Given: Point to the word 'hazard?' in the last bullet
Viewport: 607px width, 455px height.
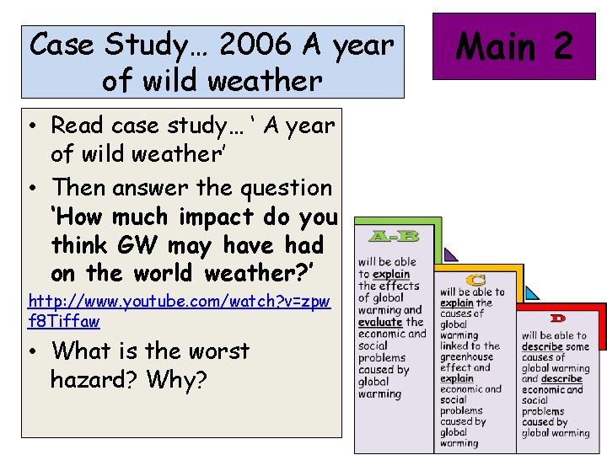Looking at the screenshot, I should (x=95, y=380).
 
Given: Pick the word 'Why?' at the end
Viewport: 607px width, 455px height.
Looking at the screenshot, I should (x=176, y=380).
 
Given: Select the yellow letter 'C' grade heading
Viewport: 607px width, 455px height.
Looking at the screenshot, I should (x=477, y=280).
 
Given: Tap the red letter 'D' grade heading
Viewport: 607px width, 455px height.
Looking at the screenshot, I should (x=558, y=318).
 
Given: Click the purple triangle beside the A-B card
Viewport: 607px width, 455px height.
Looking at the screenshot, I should (x=450, y=254).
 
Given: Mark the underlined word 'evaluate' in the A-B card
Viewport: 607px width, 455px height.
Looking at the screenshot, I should (x=380, y=322).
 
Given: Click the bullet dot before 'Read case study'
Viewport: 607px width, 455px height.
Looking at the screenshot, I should (x=34, y=126).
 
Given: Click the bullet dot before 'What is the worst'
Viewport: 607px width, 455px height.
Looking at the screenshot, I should (x=34, y=351).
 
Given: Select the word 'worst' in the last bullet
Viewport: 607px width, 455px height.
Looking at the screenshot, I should (x=219, y=351).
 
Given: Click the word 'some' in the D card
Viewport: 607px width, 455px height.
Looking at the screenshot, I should (x=577, y=346).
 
